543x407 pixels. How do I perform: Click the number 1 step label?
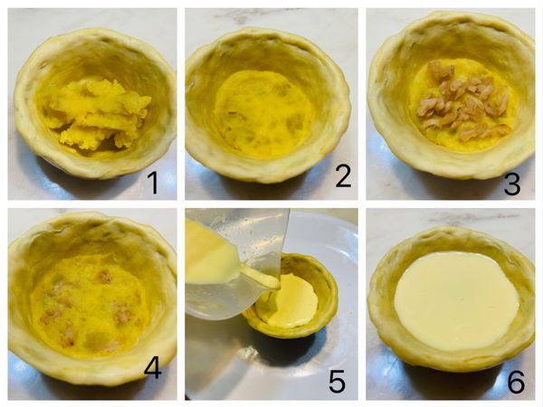click(x=154, y=183)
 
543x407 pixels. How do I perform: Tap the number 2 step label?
click(x=343, y=175)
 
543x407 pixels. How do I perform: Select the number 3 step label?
click(x=512, y=184)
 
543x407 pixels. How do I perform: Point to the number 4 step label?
click(x=153, y=368)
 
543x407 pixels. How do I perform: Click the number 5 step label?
click(x=337, y=381)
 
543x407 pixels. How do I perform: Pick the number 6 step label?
click(x=516, y=382)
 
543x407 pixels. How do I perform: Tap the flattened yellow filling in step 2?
click(x=264, y=112)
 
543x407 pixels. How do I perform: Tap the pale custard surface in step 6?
click(x=456, y=300)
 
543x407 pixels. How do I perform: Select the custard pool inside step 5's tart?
click(x=293, y=300)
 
